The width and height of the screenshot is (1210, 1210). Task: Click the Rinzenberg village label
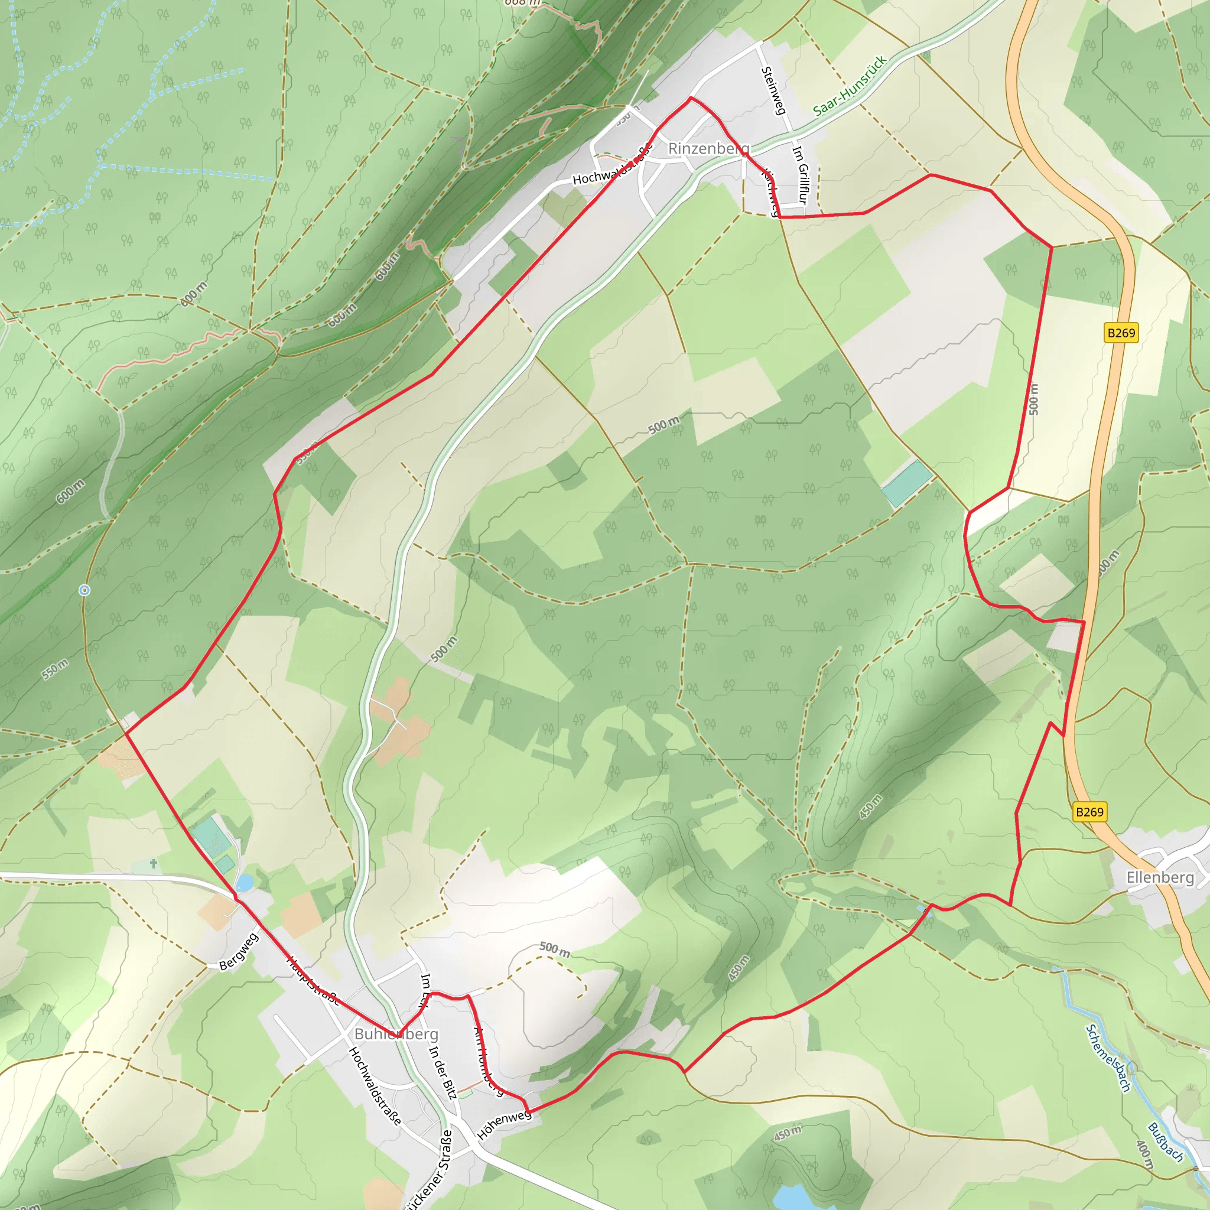[x=708, y=148]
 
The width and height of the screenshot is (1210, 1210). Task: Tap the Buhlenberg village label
[x=396, y=1033]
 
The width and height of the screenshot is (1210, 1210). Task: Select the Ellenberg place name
[x=1160, y=877]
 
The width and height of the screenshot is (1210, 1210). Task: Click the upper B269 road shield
[x=1121, y=333]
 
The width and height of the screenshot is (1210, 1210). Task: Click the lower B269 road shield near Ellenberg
[x=1089, y=812]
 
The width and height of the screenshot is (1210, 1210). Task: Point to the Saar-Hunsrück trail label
[x=850, y=86]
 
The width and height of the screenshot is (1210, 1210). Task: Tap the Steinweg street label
[x=773, y=91]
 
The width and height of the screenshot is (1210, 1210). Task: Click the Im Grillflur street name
[x=801, y=175]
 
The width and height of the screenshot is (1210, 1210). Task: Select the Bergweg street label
[x=239, y=952]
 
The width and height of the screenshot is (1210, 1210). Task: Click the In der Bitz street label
[x=443, y=1071]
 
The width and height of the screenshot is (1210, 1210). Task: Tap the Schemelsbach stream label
[x=1108, y=1058]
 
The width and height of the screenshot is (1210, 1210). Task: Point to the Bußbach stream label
[x=1166, y=1143]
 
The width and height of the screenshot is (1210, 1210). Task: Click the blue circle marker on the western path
[x=84, y=590]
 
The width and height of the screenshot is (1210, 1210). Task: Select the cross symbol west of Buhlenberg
[x=154, y=864]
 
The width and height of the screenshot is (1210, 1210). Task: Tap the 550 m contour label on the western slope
[x=55, y=669]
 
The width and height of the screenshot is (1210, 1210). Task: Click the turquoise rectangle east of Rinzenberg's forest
[x=907, y=483]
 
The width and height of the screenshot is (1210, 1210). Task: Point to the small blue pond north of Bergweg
[x=244, y=883]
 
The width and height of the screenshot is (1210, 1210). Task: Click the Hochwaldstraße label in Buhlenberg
[x=375, y=1085]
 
